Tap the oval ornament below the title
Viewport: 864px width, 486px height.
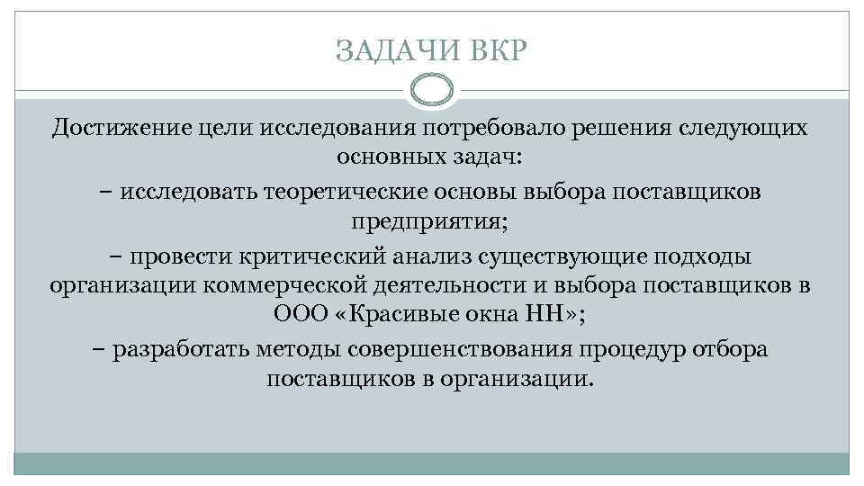pos(431,89)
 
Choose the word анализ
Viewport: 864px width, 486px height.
pos(438,255)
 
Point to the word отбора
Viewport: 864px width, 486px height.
pos(732,349)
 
